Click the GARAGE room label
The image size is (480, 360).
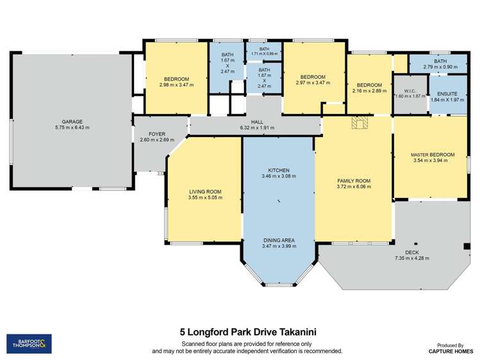[x=72, y=121]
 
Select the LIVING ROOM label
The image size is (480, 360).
[x=204, y=192]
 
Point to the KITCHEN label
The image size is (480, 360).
[x=279, y=170]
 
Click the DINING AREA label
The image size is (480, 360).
[x=279, y=240]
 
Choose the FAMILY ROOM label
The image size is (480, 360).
[x=354, y=181]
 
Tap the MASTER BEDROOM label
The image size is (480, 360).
[x=433, y=155]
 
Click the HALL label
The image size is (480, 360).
[x=256, y=122]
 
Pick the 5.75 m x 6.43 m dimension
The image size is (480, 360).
[x=72, y=127]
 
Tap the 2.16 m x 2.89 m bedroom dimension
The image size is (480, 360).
[x=369, y=91]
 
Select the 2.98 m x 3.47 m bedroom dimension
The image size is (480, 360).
[x=176, y=84]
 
